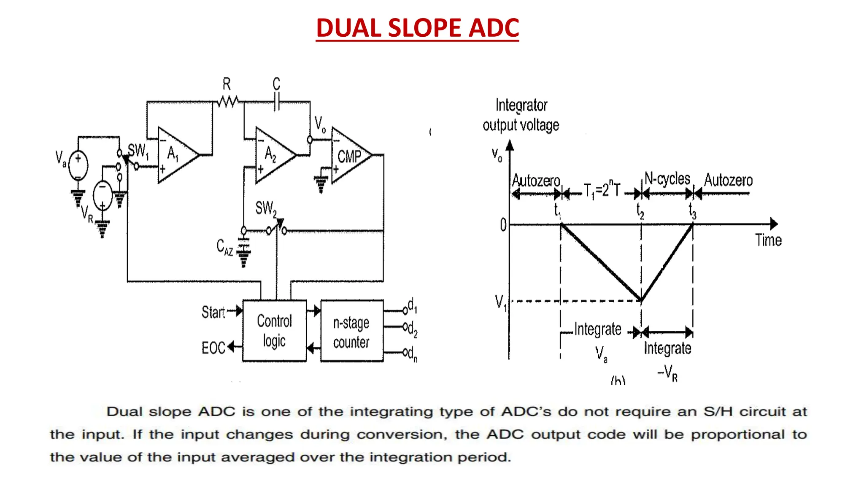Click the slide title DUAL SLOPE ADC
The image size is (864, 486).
pyautogui.click(x=417, y=28)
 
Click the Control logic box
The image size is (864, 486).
pyautogui.click(x=274, y=331)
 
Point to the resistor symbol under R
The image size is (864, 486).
pyautogui.click(x=228, y=102)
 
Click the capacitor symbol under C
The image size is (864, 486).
pyautogui.click(x=277, y=102)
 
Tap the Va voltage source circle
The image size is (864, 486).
pyautogui.click(x=78, y=165)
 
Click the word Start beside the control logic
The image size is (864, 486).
pyautogui.click(x=213, y=312)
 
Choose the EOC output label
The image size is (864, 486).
pyautogui.click(x=213, y=348)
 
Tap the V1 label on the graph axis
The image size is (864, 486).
pyautogui.click(x=501, y=302)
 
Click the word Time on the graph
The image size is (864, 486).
pyautogui.click(x=768, y=240)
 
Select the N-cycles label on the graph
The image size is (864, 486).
pyautogui.click(x=667, y=179)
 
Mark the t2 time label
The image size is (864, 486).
pyautogui.click(x=640, y=210)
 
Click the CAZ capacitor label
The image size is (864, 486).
pyautogui.click(x=224, y=247)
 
